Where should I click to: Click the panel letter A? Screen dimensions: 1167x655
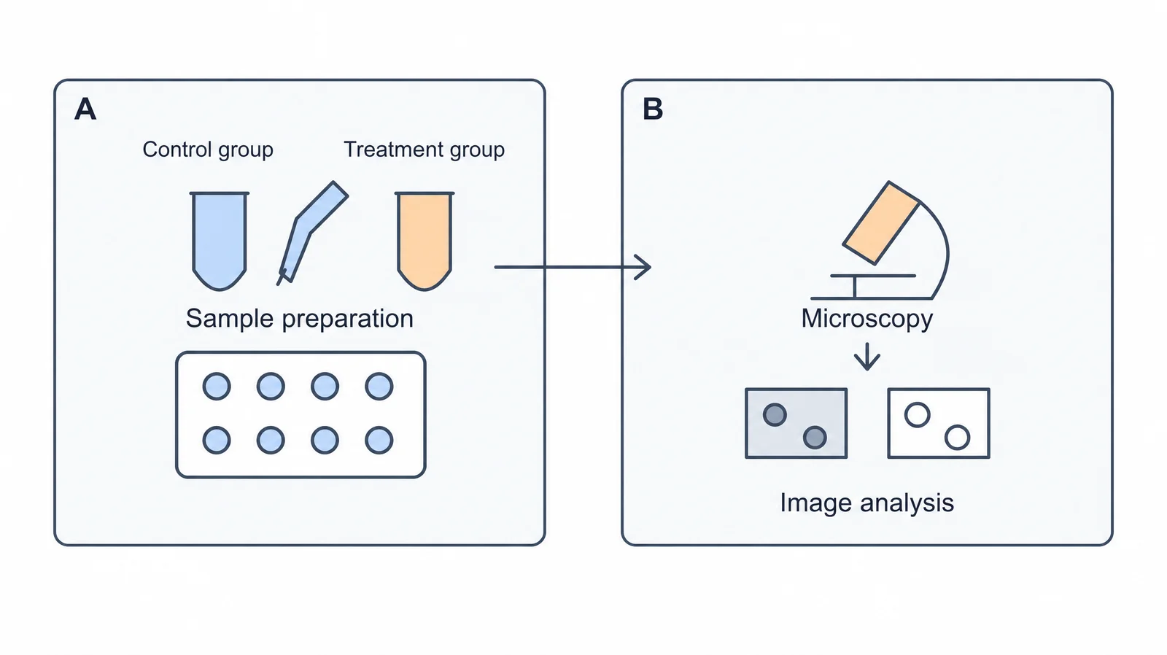(85, 109)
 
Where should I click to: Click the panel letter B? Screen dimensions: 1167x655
(653, 109)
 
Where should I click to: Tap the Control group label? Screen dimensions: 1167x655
(208, 150)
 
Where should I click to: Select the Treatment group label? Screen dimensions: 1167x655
(424, 150)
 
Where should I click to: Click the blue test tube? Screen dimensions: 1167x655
(220, 240)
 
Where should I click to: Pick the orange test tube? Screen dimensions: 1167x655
(424, 240)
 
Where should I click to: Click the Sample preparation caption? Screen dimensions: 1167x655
(300, 318)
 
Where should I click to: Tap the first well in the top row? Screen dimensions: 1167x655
(217, 387)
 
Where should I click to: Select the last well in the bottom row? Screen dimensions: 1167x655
(379, 441)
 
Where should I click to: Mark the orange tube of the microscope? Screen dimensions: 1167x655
(882, 223)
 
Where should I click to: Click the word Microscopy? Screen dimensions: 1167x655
(867, 319)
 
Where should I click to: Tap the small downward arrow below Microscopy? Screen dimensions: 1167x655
(867, 357)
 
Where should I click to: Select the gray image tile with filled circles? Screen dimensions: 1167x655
(796, 423)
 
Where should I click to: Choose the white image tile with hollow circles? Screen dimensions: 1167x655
(939, 423)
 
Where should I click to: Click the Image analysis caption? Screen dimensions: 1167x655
(867, 503)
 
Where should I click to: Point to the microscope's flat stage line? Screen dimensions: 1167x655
(872, 276)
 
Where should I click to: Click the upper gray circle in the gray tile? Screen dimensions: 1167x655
(775, 415)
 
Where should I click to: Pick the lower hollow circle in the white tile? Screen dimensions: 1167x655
(958, 437)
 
